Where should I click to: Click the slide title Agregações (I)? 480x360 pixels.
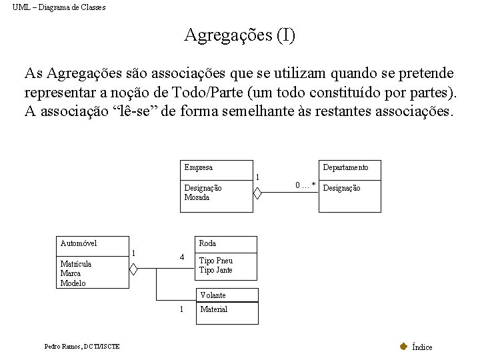pos(239,35)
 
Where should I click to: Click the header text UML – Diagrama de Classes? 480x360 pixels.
pos(59,7)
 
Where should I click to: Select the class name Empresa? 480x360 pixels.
pos(198,167)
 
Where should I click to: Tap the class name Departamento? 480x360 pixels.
pos(345,167)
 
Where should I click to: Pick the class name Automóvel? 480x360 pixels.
pos(78,243)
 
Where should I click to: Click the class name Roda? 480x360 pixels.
pos(207,243)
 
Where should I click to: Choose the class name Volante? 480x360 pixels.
pos(213,295)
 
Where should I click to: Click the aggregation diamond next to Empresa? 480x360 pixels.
pos(258,193)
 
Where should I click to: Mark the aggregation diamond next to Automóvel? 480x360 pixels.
pos(133,269)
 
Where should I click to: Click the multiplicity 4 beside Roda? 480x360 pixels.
pos(181,257)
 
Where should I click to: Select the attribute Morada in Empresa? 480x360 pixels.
pos(197,197)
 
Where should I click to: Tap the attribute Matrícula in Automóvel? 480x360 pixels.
pos(76,264)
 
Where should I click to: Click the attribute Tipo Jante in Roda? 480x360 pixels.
pos(215,270)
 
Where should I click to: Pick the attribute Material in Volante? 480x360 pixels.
pos(213,309)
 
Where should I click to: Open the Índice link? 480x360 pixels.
pos(421,347)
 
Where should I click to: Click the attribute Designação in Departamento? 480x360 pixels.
pos(341,189)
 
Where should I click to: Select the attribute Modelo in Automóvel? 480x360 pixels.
pos(73,283)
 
